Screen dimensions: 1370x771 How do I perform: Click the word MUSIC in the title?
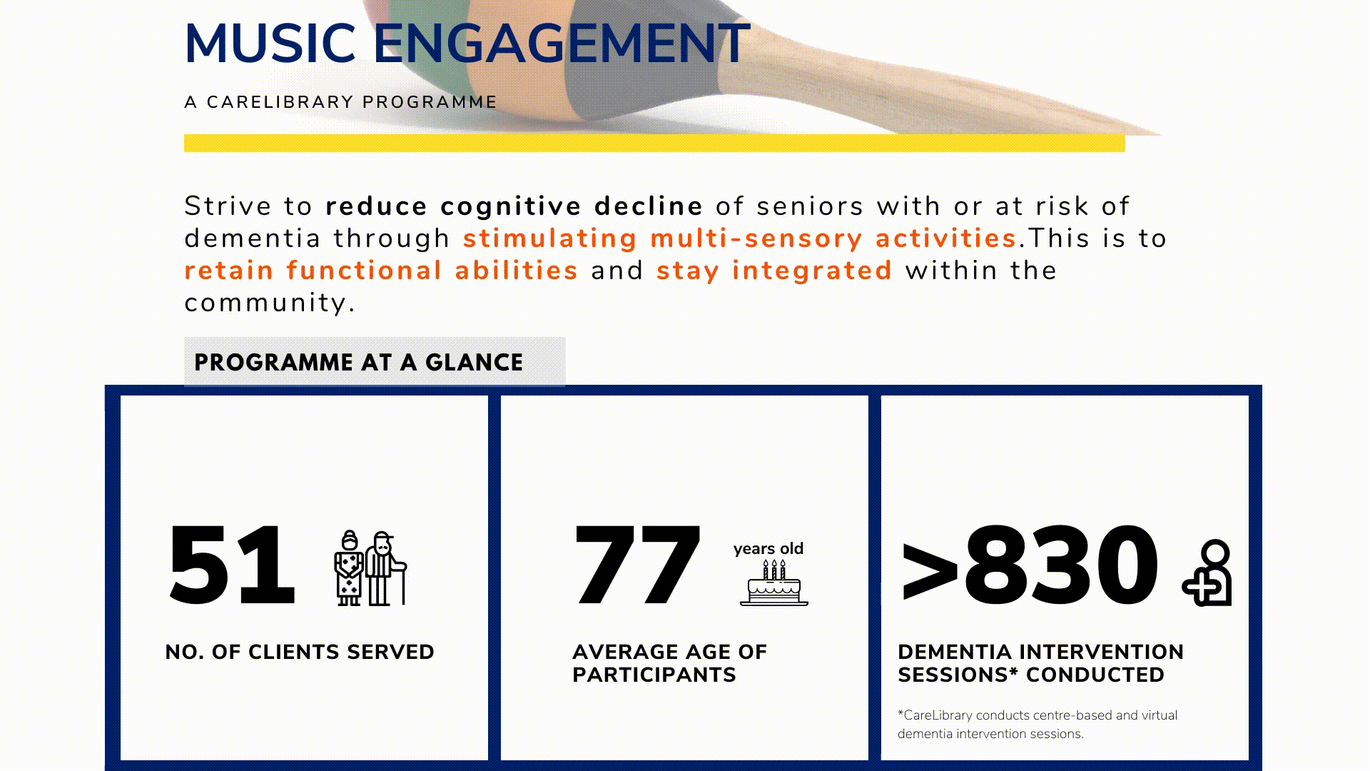pyautogui.click(x=270, y=44)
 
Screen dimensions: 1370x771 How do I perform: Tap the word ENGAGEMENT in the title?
pyautogui.click(x=562, y=44)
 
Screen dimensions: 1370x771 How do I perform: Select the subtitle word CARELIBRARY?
pyautogui.click(x=280, y=102)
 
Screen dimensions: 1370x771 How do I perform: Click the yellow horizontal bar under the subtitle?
pyautogui.click(x=654, y=143)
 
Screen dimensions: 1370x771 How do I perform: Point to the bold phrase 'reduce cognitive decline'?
pyautogui.click(x=514, y=206)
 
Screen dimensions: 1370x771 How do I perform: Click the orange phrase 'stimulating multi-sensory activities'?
pyautogui.click(x=740, y=238)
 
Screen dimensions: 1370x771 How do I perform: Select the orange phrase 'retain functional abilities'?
pyautogui.click(x=381, y=271)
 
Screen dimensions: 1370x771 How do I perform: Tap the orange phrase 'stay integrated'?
pyautogui.click(x=774, y=271)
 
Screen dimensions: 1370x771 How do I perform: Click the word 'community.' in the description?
pyautogui.click(x=270, y=303)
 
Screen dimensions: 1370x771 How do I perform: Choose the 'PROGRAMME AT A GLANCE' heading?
pyautogui.click(x=358, y=363)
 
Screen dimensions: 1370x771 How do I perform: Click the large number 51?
pyautogui.click(x=231, y=564)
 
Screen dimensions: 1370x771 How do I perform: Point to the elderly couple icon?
pyautogui.click(x=370, y=568)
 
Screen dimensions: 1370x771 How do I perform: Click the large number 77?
pyautogui.click(x=636, y=564)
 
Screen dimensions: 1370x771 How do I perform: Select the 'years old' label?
pyautogui.click(x=768, y=549)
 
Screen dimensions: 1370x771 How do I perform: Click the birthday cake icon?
pyautogui.click(x=774, y=583)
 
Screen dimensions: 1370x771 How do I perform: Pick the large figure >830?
pyautogui.click(x=1030, y=564)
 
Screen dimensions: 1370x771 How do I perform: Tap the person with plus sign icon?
pyautogui.click(x=1207, y=573)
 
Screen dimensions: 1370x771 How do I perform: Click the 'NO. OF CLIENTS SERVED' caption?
pyautogui.click(x=300, y=652)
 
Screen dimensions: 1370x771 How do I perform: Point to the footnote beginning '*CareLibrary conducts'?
pyautogui.click(x=1037, y=725)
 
